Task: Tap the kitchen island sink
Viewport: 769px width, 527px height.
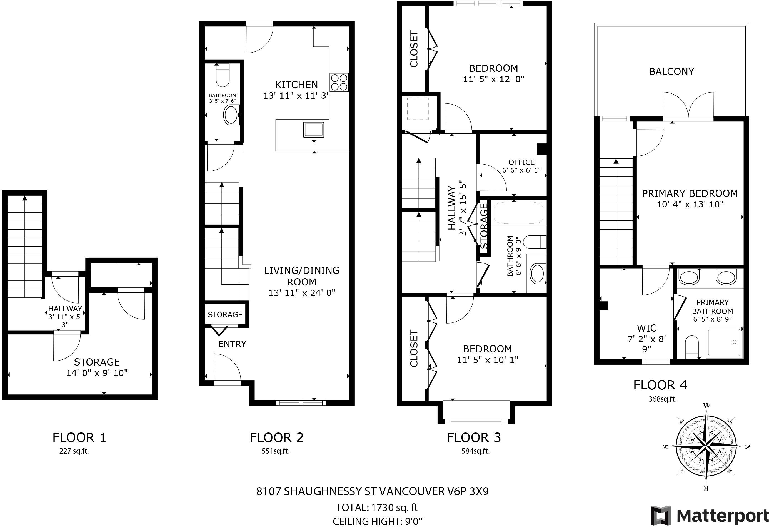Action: [x=314, y=130]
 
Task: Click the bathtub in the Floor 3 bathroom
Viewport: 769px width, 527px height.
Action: [x=518, y=213]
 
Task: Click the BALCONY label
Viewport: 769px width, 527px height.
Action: [x=671, y=72]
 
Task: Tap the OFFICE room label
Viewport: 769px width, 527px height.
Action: [x=521, y=162]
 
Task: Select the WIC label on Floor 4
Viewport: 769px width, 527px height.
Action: [x=647, y=328]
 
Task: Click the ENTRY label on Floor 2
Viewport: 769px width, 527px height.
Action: [x=232, y=344]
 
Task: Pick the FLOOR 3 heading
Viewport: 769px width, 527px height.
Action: [x=474, y=437]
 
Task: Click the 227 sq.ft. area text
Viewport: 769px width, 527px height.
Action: [x=74, y=451]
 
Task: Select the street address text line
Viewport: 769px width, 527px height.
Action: [x=373, y=491]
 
